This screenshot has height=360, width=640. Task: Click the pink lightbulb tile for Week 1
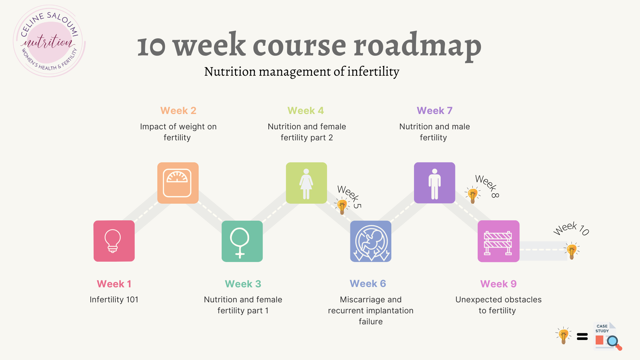coord(114,241)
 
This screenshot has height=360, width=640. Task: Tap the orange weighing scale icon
coord(178,183)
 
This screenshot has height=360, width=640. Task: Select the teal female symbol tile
coord(242,241)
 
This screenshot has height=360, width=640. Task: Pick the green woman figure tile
coord(306,183)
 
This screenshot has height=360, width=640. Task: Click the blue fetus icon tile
coord(371,241)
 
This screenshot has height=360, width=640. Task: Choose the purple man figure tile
coord(435,183)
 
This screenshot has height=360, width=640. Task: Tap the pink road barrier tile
coord(499,241)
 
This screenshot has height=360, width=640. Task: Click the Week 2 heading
coord(178,111)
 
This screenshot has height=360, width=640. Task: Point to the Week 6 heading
coord(368,284)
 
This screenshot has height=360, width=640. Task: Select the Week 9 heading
coord(498,284)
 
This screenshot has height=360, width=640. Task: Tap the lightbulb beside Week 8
coord(473,195)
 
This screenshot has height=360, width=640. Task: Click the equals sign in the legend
coord(582,337)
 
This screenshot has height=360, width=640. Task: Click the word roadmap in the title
coord(418,46)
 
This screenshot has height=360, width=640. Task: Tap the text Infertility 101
coord(114,300)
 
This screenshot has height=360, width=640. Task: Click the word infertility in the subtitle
coord(373,71)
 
